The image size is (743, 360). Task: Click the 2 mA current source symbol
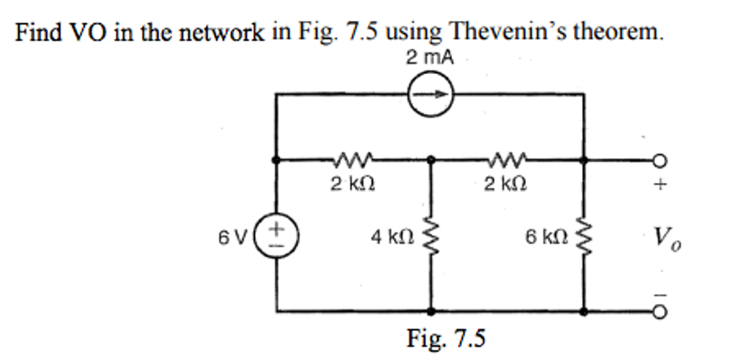click(431, 94)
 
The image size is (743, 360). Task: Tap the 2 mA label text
click(430, 58)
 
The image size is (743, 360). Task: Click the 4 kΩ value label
click(393, 236)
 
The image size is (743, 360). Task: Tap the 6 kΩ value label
click(544, 236)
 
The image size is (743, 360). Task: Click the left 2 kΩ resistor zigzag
click(353, 157)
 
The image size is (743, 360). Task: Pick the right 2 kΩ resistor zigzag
click(506, 157)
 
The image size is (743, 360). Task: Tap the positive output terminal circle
click(660, 160)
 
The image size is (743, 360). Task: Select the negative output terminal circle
click(660, 312)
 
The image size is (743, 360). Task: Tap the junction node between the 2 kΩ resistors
click(432, 159)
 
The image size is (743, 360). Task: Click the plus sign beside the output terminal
click(660, 185)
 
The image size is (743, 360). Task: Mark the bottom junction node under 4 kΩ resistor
click(432, 311)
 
